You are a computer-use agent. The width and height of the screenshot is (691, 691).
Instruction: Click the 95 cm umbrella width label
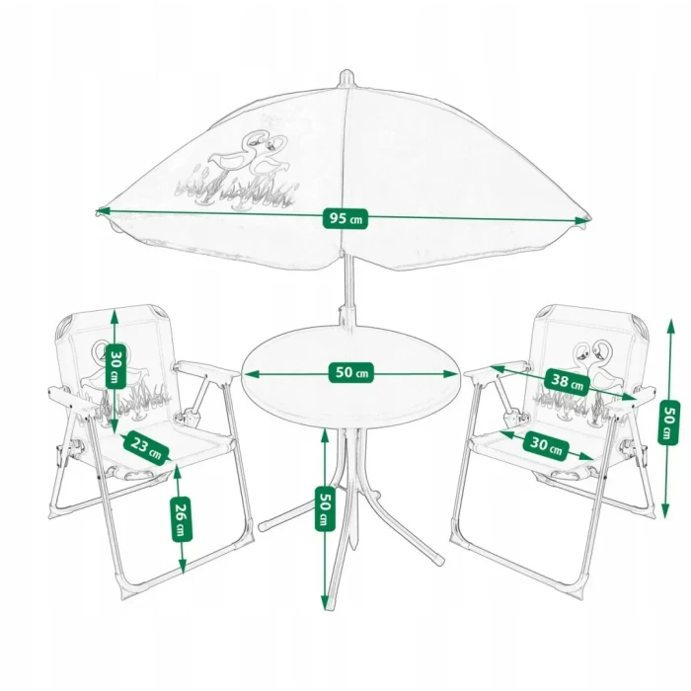tap(345, 218)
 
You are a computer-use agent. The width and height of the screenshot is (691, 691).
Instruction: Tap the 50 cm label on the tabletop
tap(351, 372)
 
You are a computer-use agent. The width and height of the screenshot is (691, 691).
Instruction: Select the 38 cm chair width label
tap(567, 382)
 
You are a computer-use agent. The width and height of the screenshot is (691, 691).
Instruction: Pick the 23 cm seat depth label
tap(145, 447)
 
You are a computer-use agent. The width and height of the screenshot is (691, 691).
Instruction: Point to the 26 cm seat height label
tap(181, 519)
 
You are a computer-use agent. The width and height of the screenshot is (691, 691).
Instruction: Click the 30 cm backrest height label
tap(115, 366)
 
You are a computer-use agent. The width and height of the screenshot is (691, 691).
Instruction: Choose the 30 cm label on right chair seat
tap(546, 446)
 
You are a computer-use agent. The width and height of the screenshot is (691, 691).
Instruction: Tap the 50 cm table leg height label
tap(325, 508)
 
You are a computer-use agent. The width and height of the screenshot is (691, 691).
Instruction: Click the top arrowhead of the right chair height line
tap(671, 325)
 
